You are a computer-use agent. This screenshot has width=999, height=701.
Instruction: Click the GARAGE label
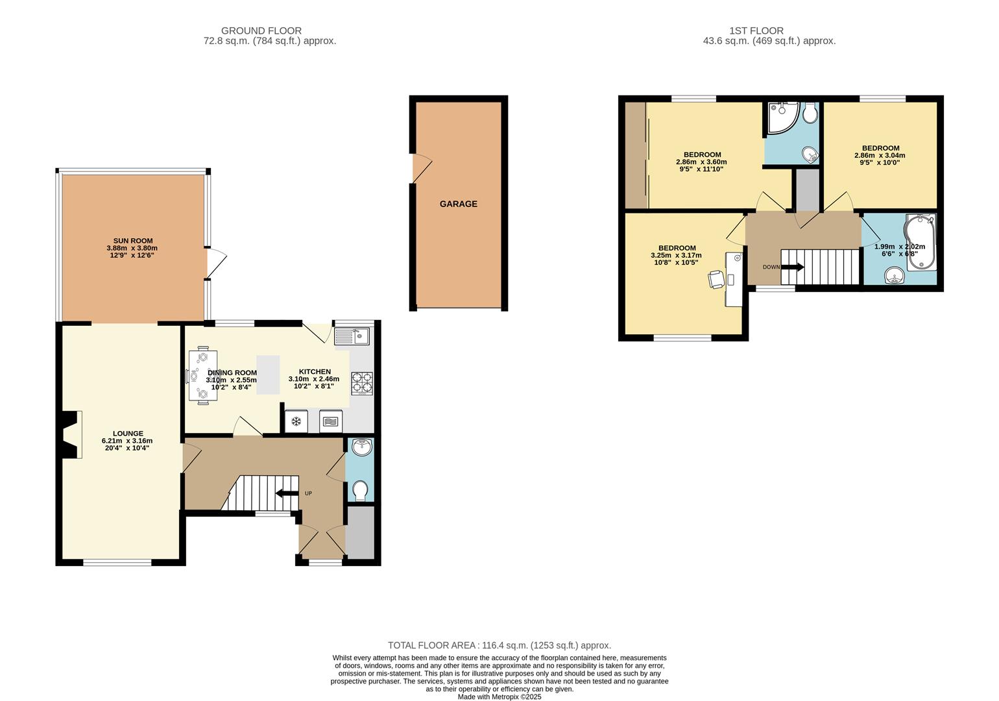458,204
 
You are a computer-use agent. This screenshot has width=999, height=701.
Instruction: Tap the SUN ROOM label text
133,241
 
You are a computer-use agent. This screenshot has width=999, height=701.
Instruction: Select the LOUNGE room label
128,434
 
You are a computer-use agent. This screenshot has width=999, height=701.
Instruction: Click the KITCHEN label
315,371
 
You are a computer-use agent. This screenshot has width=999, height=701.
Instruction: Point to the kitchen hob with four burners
362,383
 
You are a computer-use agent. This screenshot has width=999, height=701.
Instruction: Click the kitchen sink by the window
352,336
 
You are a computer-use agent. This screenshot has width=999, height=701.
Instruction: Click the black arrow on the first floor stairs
793,267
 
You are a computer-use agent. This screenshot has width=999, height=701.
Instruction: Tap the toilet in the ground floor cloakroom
360,491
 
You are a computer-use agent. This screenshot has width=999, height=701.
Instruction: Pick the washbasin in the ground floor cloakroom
361,447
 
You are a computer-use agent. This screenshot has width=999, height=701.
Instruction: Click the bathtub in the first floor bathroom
919,241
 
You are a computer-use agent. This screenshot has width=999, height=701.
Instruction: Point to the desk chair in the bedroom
716,278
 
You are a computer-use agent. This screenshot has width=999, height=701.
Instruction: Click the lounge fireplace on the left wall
69,434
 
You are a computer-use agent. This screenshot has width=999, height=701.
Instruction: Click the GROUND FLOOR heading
261,31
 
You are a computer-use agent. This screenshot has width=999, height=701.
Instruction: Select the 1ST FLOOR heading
756,31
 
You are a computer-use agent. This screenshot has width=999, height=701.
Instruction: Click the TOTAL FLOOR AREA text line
499,645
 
